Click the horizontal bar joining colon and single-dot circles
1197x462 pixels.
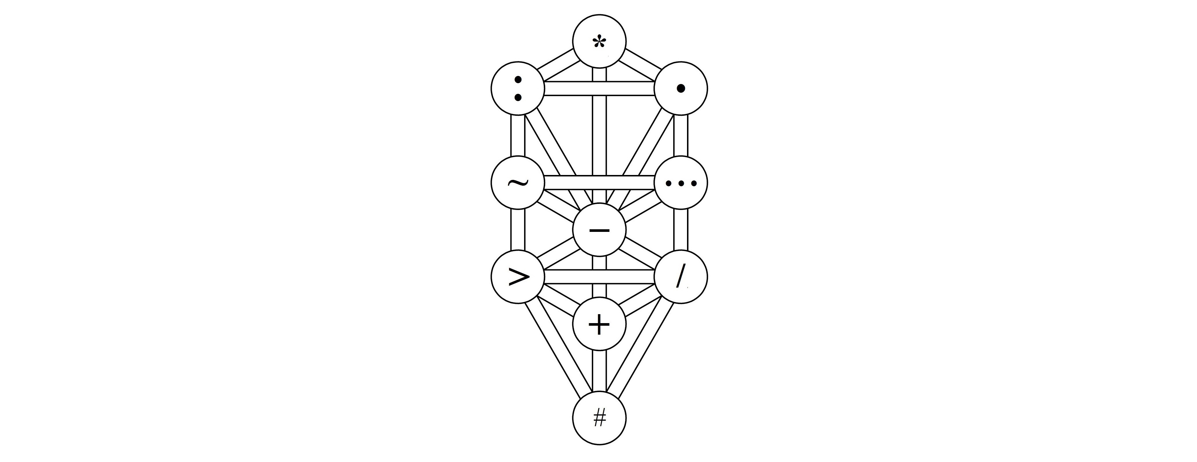tap(599, 88)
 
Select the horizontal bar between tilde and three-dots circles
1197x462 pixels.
tap(599, 182)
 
